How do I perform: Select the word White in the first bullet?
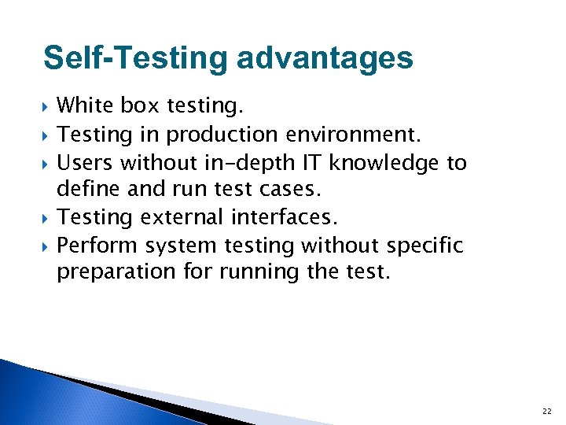tap(85, 105)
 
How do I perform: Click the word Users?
tap(83, 163)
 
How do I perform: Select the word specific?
tap(423, 246)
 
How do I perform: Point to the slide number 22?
tap(546, 412)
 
